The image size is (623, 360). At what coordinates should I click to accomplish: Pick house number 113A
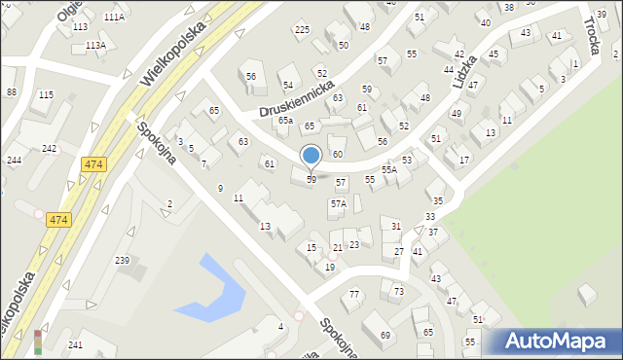coord(95,46)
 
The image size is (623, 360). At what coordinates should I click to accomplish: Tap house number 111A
coord(114,18)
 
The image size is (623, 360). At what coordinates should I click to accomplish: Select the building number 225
coord(302,30)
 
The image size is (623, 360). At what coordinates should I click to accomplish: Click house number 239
coord(123,261)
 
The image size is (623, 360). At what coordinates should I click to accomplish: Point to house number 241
coord(75,345)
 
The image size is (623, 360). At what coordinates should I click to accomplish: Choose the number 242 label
coord(49,148)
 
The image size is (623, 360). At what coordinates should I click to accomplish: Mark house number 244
coord(14,160)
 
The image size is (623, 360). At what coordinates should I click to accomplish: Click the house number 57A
coord(338,203)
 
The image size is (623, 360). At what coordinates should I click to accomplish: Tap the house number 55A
coord(388,169)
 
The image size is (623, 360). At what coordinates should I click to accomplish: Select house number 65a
coord(284,121)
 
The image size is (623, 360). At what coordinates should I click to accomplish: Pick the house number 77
coord(354,294)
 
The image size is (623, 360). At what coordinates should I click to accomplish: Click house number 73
coord(398,291)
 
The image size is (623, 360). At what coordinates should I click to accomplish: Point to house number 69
coord(385,336)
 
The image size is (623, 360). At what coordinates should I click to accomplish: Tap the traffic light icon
coord(38,341)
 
